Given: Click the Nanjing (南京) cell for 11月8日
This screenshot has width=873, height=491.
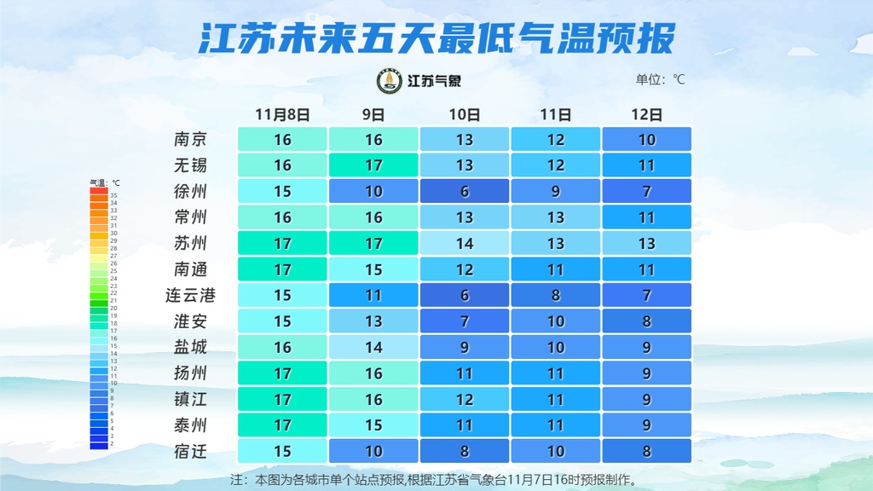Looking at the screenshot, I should point(282,139).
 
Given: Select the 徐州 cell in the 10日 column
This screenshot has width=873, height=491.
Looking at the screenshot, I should point(465,192).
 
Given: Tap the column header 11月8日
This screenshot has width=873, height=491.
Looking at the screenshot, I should point(282,114).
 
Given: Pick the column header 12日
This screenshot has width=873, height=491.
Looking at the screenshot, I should point(647,114).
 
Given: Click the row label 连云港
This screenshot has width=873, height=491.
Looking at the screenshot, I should point(190,296).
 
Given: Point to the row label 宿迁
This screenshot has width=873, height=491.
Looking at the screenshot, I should point(190,452).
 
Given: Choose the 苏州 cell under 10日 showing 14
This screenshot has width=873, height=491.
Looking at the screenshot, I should point(465,244).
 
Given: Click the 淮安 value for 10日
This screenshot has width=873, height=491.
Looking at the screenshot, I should point(465,322).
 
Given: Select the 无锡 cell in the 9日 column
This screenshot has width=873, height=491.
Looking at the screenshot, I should point(373,165).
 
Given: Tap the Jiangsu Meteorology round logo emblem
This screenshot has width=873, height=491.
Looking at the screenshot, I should point(390,81).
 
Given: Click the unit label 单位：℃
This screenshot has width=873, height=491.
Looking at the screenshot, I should point(660,80).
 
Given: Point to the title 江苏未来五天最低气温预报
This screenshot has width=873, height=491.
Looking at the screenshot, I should point(436,38).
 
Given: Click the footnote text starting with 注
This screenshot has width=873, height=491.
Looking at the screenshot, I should point(435,479).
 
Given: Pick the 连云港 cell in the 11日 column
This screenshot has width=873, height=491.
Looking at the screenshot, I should point(556,296).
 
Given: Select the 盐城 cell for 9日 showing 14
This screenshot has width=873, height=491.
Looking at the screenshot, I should point(373,348).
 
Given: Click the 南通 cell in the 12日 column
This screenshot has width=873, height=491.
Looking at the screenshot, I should point(647,269).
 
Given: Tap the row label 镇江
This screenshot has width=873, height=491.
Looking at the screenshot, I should point(190,400).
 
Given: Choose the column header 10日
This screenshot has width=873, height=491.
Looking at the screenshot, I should point(465,114).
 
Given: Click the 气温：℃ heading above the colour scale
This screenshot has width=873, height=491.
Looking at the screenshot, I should point(105,182).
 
